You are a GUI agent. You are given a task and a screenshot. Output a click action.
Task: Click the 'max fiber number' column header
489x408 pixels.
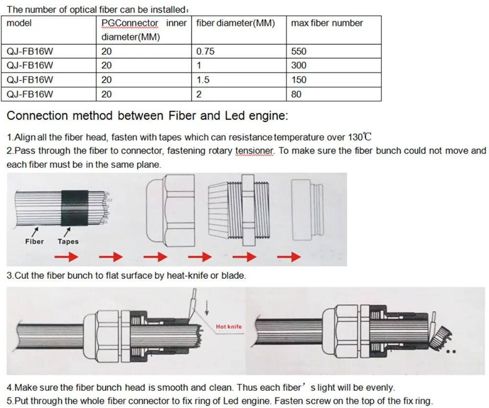327,23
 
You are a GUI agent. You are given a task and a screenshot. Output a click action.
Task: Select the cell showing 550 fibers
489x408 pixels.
298,51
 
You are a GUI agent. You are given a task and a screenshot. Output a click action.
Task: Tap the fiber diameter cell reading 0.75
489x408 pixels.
205,51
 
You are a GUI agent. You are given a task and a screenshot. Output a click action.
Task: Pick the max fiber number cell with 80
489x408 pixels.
296,94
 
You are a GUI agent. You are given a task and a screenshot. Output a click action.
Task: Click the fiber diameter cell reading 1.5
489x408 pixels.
203,80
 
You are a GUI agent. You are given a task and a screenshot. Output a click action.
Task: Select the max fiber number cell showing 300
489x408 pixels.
298,66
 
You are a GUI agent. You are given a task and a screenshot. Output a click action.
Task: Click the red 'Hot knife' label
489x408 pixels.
228,327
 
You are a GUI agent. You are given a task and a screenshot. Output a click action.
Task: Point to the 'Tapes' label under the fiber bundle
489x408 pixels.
68,241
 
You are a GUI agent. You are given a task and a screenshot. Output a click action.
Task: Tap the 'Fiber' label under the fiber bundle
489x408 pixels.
34,241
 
